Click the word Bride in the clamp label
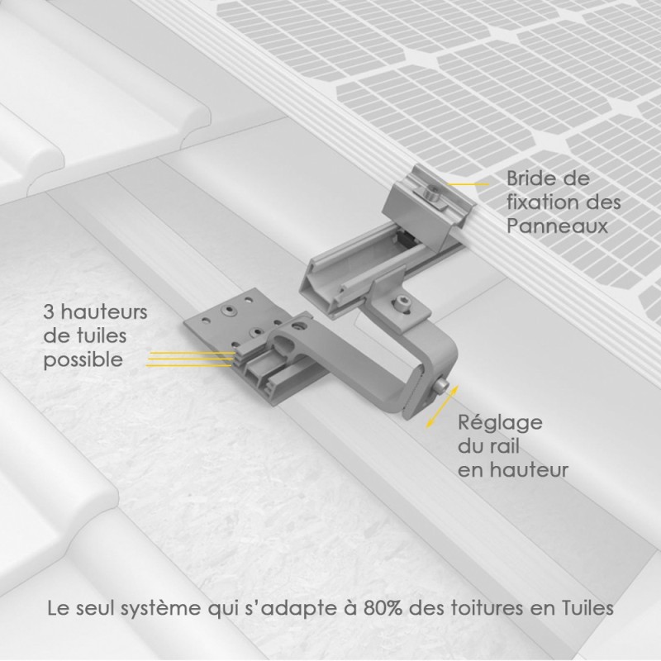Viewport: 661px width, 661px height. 530,178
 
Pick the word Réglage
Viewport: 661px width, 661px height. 500,424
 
